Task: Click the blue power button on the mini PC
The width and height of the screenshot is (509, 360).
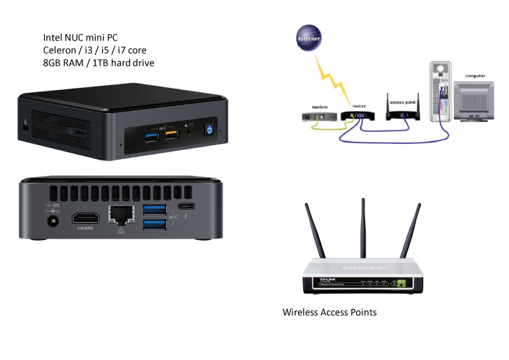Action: [209, 129]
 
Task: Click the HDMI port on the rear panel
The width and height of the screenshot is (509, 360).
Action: [85, 218]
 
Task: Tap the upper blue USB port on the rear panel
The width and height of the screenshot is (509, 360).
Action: [154, 209]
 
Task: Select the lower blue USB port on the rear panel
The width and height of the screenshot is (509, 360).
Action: [154, 225]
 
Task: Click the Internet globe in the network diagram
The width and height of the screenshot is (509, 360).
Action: [309, 38]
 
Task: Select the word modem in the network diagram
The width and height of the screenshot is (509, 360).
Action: [320, 107]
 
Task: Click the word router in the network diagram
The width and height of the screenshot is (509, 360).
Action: [359, 107]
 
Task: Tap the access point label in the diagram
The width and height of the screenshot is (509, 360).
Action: [405, 102]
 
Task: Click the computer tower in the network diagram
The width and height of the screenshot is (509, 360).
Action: [438, 94]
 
